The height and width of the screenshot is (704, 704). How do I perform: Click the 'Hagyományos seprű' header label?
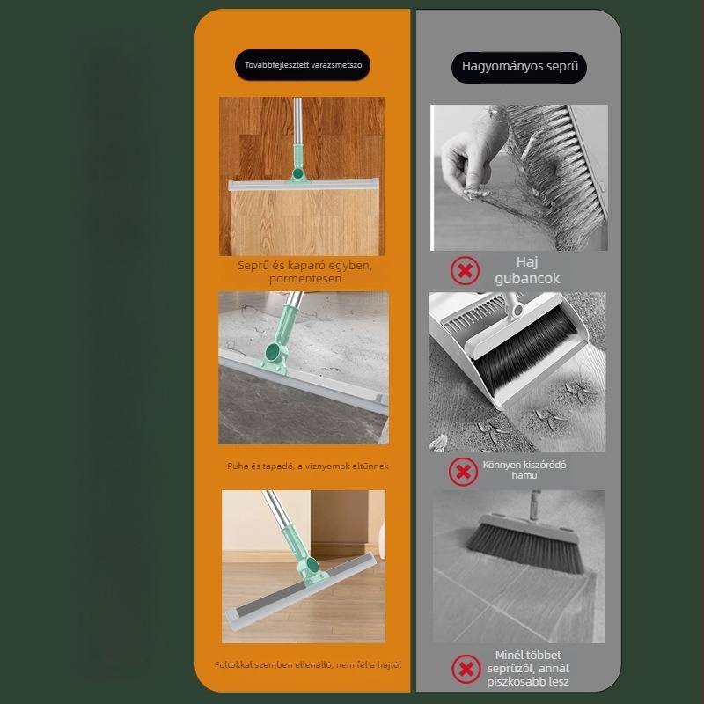519,67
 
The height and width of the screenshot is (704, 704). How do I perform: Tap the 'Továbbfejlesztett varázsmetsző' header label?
303,65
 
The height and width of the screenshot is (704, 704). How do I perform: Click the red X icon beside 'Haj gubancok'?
465,271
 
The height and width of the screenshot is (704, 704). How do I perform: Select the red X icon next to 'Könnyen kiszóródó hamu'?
463,472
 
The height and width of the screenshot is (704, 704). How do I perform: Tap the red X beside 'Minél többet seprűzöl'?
466,669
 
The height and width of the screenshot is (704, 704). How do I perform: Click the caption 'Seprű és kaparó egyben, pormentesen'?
304,272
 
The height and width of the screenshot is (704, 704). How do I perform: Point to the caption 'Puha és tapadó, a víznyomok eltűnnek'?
307,466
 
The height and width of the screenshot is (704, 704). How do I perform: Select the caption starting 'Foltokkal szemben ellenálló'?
307,664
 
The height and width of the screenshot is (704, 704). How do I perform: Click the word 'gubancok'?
527,279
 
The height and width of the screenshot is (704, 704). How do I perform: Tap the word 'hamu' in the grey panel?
524,475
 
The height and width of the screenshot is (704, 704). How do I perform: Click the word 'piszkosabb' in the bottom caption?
515,681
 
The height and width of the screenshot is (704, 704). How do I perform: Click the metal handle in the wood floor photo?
297,121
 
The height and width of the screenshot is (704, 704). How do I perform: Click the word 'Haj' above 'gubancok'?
527,261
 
